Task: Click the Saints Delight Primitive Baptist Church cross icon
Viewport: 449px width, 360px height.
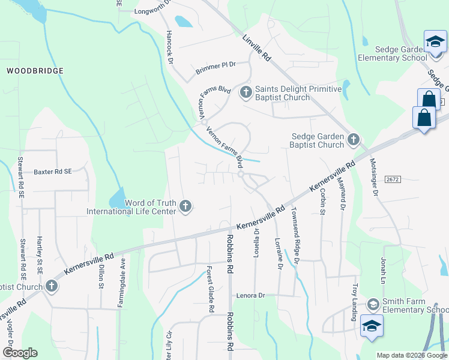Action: (x=246, y=92)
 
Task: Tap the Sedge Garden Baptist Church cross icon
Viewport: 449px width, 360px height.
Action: (x=353, y=140)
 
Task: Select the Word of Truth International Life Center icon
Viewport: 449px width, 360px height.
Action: (x=185, y=207)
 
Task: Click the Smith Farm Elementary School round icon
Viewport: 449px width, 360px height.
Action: (x=373, y=305)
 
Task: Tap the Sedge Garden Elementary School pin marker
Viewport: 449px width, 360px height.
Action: (x=435, y=42)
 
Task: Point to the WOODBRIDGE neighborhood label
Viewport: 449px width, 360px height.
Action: (x=35, y=71)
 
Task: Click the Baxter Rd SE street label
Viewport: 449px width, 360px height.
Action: (x=52, y=171)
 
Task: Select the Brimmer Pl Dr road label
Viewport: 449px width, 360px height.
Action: (x=216, y=68)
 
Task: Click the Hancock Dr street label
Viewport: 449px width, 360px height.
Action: (x=170, y=47)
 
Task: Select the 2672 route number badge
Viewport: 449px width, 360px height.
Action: (x=392, y=179)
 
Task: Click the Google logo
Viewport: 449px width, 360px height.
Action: (x=20, y=353)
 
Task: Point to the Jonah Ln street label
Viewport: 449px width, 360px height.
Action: (x=382, y=271)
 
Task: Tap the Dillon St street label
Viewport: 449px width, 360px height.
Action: (x=101, y=276)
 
